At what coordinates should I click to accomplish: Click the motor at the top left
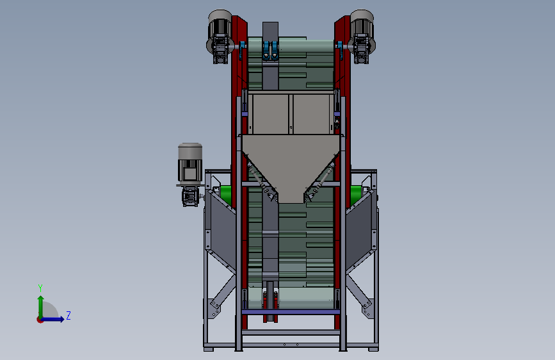[220, 37]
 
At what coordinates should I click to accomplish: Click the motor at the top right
[362, 37]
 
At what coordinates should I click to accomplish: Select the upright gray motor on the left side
[190, 163]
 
